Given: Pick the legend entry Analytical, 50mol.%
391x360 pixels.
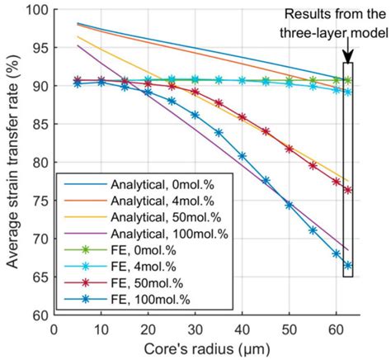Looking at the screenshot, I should coord(141,217).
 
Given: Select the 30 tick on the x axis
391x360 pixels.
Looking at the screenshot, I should coord(195,329).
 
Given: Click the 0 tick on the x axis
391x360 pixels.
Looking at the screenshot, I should coord(54,329).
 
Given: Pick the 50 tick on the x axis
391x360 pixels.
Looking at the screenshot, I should coord(289,329).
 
